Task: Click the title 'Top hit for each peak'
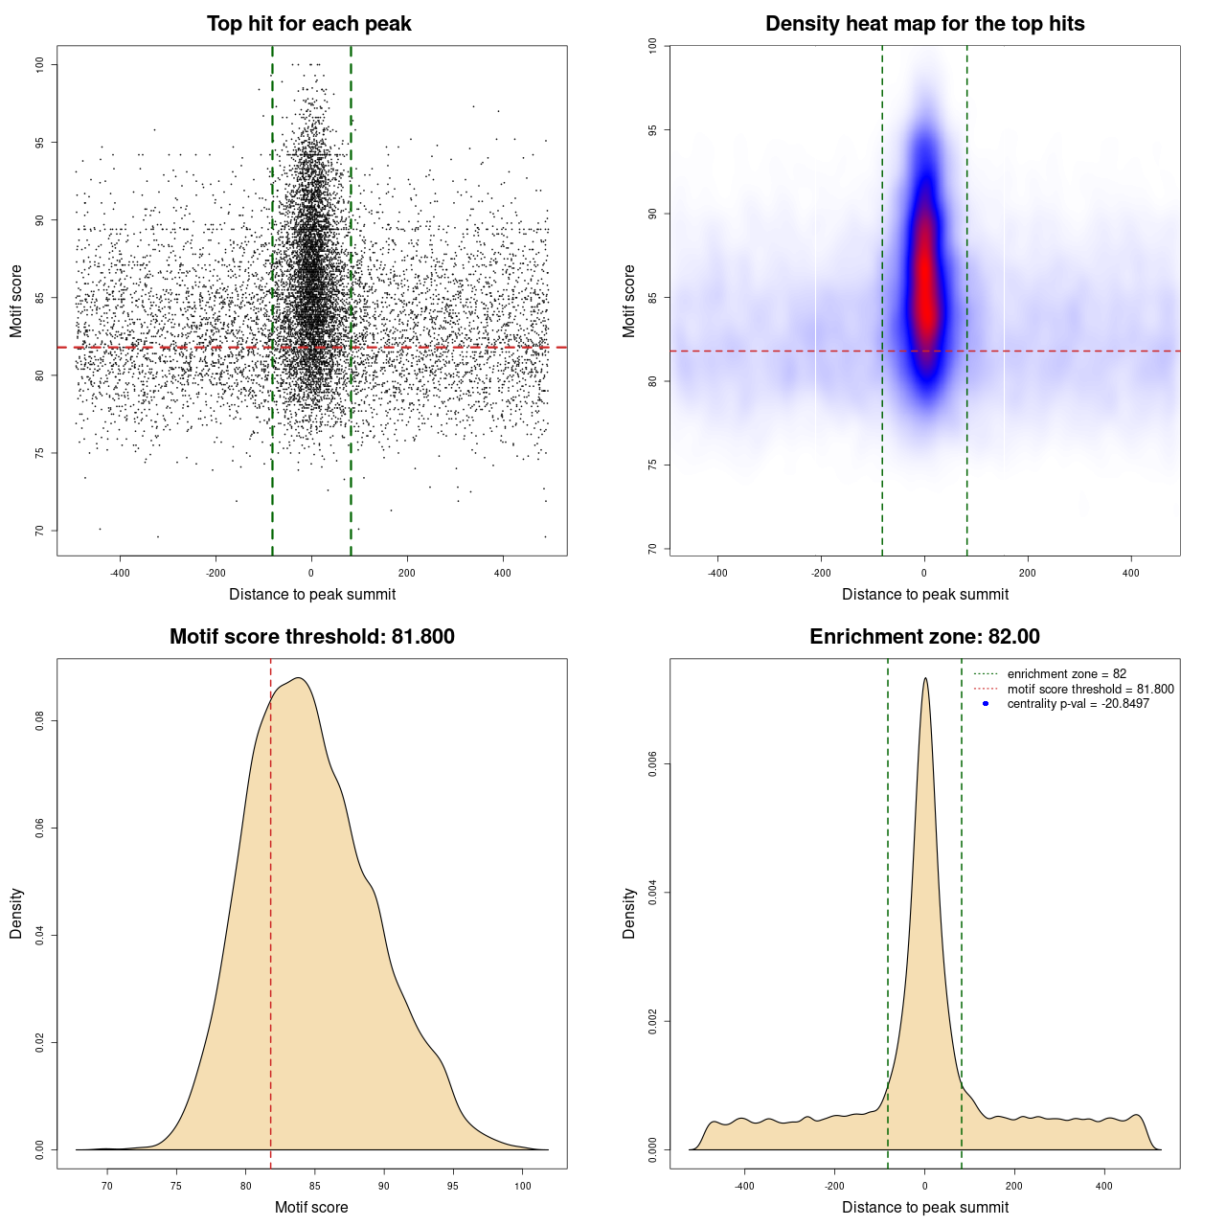tap(308, 24)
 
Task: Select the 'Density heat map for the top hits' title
tap(924, 24)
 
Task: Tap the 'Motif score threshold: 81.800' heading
tap(311, 637)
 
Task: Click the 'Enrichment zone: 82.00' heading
tap(924, 637)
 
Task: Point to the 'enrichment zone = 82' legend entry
tap(1066, 674)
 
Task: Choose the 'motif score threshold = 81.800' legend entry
tap(1090, 689)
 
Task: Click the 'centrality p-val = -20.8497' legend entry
tap(1078, 704)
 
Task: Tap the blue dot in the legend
tap(986, 704)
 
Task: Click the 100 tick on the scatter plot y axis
tap(39, 64)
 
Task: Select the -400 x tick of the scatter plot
tap(120, 574)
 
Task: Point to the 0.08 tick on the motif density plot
tap(39, 720)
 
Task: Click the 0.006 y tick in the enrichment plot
tap(652, 764)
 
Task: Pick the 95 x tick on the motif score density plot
tap(453, 1187)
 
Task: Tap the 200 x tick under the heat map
tap(1028, 574)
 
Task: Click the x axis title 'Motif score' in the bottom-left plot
tap(311, 1207)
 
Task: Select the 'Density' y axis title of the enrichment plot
tap(629, 913)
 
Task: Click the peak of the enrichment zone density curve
tap(925, 678)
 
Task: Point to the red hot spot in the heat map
tap(925, 278)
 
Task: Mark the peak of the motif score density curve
tap(300, 678)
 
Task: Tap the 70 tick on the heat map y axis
tap(652, 549)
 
